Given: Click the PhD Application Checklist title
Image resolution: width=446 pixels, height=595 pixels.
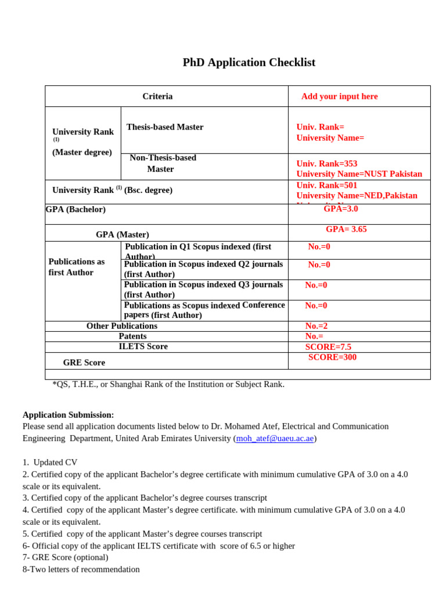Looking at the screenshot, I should click(x=249, y=63).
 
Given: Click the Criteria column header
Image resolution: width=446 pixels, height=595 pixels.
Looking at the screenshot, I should click(x=157, y=96).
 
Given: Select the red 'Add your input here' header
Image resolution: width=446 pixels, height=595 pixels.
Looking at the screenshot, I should click(x=339, y=96).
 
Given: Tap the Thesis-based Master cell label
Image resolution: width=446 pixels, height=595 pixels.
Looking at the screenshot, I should click(x=165, y=127).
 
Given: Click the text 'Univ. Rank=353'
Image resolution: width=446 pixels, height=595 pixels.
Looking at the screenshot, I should click(x=326, y=164).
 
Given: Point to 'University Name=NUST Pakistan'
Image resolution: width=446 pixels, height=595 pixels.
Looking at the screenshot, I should click(x=359, y=174).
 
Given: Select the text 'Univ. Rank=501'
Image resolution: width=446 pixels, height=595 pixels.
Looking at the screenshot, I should click(x=326, y=185).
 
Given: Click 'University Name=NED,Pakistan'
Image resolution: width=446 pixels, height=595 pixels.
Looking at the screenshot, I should click(x=357, y=196).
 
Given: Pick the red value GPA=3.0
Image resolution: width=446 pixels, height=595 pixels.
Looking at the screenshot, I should click(x=341, y=209).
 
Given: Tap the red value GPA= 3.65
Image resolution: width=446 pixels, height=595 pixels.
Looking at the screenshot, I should click(x=346, y=230).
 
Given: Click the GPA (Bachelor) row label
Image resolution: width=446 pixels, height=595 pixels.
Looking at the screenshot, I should click(x=75, y=209).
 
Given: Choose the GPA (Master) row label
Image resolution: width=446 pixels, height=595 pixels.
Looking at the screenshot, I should click(x=123, y=235).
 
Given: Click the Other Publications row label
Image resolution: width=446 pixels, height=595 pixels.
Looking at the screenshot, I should click(x=122, y=326).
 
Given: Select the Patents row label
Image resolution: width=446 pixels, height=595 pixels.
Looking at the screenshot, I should click(x=132, y=336).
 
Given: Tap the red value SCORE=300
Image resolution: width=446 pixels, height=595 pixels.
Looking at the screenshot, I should click(x=332, y=357).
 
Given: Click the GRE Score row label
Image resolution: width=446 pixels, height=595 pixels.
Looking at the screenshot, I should click(x=84, y=363).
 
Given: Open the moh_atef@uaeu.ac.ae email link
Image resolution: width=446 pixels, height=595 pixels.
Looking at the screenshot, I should click(x=275, y=439).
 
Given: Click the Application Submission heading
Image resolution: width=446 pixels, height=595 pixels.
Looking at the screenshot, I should click(x=69, y=415).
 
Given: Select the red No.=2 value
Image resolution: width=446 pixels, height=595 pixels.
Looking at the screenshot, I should click(x=316, y=326).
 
